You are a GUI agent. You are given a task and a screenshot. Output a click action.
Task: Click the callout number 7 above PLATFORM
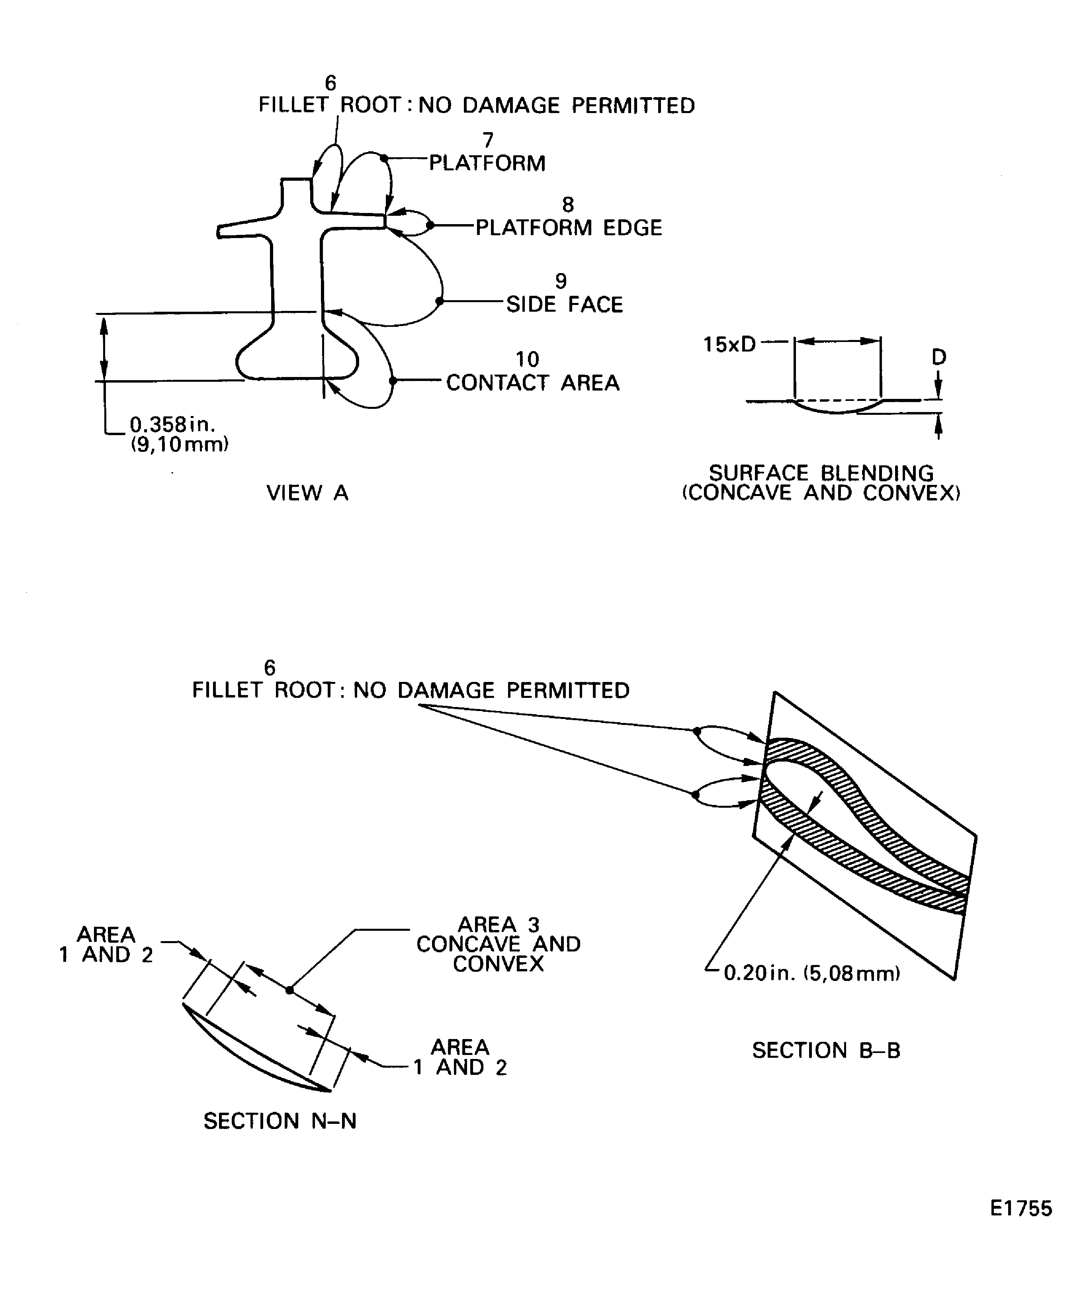point(488,141)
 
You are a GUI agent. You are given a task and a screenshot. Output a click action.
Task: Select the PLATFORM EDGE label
point(569,228)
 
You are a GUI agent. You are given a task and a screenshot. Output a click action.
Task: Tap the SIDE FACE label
point(564,304)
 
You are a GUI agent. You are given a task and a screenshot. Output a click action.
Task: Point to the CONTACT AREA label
point(533,383)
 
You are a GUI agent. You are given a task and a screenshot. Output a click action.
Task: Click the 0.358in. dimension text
point(172,424)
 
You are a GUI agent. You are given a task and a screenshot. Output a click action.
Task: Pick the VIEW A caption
point(307,493)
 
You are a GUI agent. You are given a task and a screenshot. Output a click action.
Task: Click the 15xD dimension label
point(729,344)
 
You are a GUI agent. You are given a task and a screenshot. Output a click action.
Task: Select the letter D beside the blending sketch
point(938,357)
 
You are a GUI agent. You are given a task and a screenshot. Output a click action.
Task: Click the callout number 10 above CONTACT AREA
point(527,359)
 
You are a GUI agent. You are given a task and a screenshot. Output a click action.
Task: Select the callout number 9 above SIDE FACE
point(561,281)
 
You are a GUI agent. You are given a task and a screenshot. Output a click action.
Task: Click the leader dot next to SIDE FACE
point(440,301)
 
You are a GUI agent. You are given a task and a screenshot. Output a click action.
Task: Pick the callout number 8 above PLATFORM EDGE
point(567,204)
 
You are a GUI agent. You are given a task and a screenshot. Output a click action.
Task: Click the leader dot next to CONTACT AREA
point(393,381)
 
